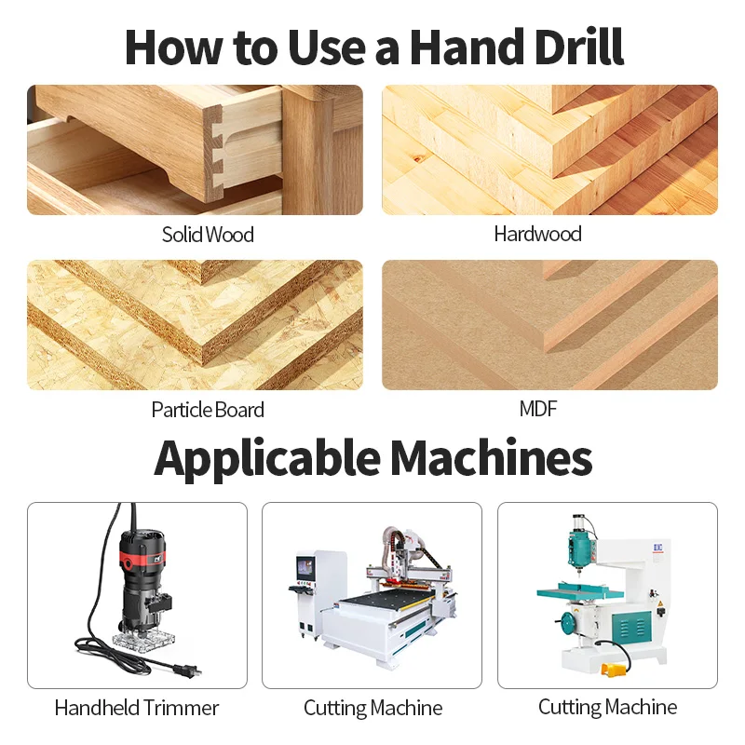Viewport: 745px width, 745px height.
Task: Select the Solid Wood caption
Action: [x=208, y=235]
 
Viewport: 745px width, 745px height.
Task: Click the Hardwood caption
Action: [x=538, y=234]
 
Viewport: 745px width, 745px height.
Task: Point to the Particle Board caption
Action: [x=208, y=410]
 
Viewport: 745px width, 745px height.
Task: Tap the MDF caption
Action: [x=538, y=409]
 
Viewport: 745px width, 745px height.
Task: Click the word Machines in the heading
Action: [x=492, y=457]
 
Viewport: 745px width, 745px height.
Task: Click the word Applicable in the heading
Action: [x=267, y=459]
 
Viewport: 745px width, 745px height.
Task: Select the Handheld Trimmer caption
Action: [x=137, y=708]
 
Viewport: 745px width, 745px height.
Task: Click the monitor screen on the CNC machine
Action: [x=305, y=567]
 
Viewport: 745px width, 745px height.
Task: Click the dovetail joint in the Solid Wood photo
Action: [x=215, y=153]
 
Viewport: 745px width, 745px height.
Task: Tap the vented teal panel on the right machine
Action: [x=633, y=628]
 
